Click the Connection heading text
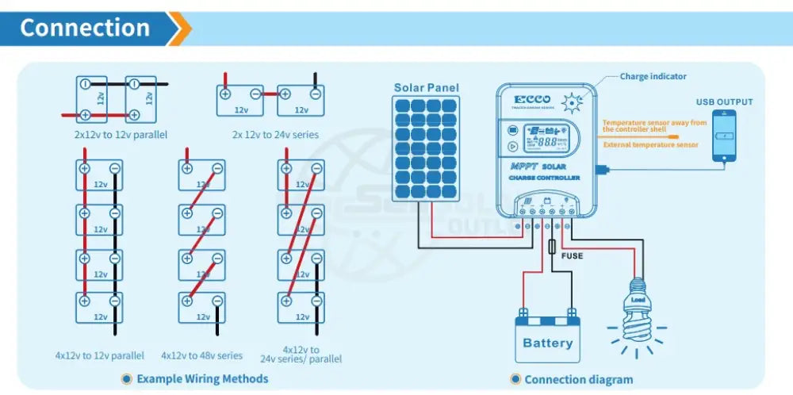(x=85, y=28)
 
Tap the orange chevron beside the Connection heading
(x=181, y=29)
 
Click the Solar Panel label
(x=427, y=88)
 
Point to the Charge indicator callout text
(x=653, y=77)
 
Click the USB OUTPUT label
(x=724, y=102)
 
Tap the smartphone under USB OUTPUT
(x=724, y=136)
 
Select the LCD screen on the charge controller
(x=542, y=139)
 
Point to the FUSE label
(x=572, y=255)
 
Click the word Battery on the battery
(x=547, y=343)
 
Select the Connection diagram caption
(x=578, y=380)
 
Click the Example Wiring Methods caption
(x=202, y=379)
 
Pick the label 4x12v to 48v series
(x=201, y=355)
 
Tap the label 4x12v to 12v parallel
(x=100, y=355)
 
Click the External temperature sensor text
(x=650, y=145)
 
